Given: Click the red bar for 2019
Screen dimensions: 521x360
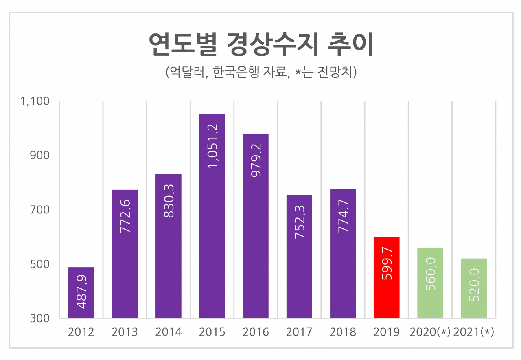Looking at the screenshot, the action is point(387,277).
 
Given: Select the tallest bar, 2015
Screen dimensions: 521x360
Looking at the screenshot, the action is point(212,216).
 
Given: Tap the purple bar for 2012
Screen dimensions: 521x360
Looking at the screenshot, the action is point(81,292).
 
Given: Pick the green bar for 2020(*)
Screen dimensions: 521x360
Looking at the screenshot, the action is point(430,283).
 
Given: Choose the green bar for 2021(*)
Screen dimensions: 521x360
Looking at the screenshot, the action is point(474,288).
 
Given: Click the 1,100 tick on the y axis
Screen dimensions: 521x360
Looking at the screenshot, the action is point(35,101).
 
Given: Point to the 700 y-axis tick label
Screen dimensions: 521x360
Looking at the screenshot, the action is point(40,210).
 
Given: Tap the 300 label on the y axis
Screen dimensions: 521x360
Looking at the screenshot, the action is point(40,318).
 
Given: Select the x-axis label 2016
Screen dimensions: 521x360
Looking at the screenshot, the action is point(256,332).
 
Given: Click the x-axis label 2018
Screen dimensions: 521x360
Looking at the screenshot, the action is point(343,332).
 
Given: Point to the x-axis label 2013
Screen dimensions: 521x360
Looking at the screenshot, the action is point(125,332).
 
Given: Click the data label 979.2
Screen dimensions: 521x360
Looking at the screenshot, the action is point(256,160).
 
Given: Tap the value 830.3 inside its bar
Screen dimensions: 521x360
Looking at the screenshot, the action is point(169,201).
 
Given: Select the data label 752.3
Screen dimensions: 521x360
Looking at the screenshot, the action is point(300,222).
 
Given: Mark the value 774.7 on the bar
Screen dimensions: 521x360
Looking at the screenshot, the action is point(344,216).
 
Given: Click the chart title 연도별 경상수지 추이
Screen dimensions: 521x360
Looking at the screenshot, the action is point(261,44).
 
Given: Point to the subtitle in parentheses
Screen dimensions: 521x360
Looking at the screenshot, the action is point(261,72).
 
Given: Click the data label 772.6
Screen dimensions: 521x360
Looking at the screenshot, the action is point(125,216).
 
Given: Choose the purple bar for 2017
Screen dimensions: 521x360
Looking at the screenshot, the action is point(299,257).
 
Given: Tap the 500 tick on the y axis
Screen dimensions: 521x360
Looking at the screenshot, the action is point(40,264).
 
